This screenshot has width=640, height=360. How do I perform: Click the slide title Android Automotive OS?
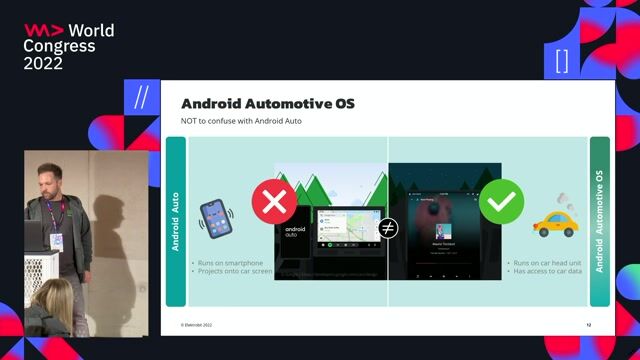tap(267, 104)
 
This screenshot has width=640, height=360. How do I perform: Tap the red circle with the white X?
tap(274, 202)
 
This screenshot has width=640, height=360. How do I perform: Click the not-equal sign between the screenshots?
tap(388, 228)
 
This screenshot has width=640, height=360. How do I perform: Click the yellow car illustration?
tap(554, 221)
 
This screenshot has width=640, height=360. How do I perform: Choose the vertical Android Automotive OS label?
tap(599, 221)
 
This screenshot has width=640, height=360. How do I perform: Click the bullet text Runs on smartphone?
tap(231, 261)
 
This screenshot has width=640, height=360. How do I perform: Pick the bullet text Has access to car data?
tap(548, 271)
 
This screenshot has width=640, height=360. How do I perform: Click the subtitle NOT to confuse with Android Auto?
tap(241, 121)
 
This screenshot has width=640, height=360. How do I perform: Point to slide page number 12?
tap(589, 326)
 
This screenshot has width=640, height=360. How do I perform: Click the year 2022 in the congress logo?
tap(43, 62)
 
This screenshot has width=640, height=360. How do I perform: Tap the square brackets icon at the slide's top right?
tap(561, 60)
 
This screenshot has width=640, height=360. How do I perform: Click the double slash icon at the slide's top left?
tap(141, 97)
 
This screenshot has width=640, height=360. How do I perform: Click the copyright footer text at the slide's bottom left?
tap(196, 326)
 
